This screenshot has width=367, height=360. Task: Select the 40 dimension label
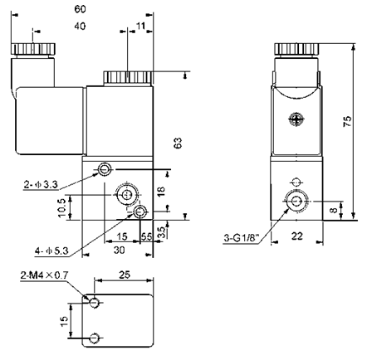tap(80, 26)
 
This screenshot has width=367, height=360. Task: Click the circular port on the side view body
tap(295, 201)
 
